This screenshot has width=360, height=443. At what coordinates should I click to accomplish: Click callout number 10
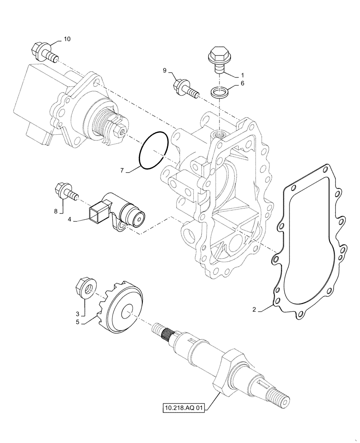pyautogui.click(x=67, y=39)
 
